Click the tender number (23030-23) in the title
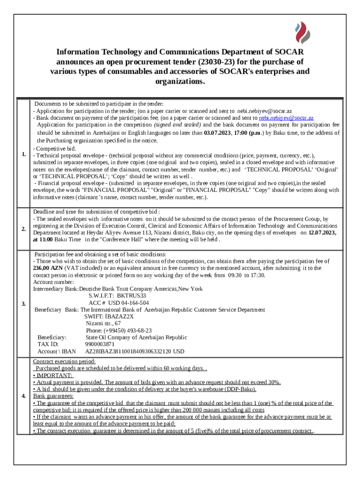pos(216,62)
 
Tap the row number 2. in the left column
pos(24,229)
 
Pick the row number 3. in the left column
pos(24,305)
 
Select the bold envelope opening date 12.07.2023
pos(322,232)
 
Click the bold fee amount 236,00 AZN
pos(48,268)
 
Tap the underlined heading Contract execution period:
pos(64,361)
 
